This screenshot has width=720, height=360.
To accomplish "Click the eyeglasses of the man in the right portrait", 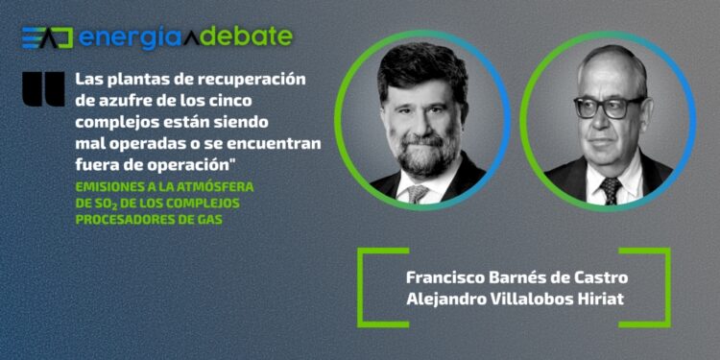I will pyautogui.click(x=608, y=105).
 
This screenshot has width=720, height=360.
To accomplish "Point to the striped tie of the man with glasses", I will pyautogui.click(x=611, y=189).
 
